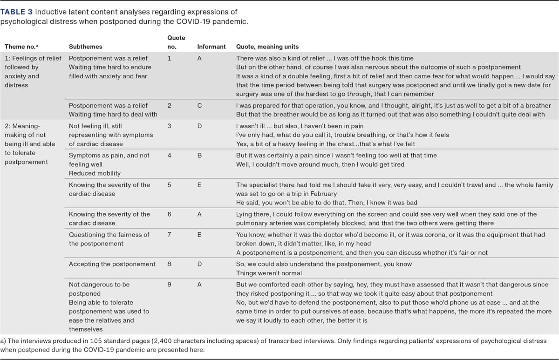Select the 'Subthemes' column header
click(x=85, y=47)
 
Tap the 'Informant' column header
click(x=211, y=47)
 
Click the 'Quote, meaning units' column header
click(x=267, y=47)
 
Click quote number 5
click(x=169, y=185)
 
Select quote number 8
click(x=169, y=264)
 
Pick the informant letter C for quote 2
click(x=199, y=106)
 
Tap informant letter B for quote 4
click(x=199, y=156)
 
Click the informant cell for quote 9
click(x=199, y=284)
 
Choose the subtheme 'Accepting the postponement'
click(x=112, y=264)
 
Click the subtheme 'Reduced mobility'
click(x=95, y=173)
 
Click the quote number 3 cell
click(x=169, y=126)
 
